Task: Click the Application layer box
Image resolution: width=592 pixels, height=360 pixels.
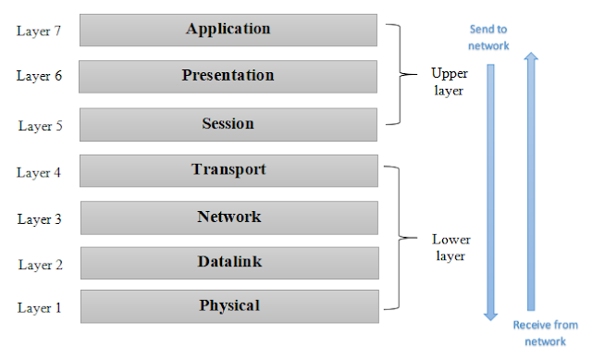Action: tap(228, 30)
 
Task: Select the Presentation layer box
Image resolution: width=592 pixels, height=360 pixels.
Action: tap(228, 76)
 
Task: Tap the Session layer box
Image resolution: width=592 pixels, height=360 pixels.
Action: tap(228, 124)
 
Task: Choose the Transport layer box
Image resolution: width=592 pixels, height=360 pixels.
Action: tap(229, 170)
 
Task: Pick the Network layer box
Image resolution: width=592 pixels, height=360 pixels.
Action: tap(229, 217)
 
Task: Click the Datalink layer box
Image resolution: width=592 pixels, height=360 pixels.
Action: tap(229, 263)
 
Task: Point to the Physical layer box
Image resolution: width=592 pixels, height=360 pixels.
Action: tap(229, 305)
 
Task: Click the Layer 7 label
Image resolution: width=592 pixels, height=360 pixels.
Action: tap(40, 31)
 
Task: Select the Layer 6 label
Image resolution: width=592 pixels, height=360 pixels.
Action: tap(40, 76)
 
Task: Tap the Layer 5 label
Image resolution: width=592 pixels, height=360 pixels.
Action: tap(40, 125)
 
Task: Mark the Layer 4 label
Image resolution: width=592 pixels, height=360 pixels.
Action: tap(40, 172)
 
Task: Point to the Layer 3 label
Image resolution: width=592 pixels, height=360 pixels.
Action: tap(40, 219)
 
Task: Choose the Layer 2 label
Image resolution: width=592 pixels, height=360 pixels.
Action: tap(40, 266)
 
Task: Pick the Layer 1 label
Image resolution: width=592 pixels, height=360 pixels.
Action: tap(40, 308)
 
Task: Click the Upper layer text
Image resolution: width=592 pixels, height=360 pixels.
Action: tap(450, 81)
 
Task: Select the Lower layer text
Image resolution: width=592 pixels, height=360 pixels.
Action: tap(450, 247)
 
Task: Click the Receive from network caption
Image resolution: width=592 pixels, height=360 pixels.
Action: tap(546, 332)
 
